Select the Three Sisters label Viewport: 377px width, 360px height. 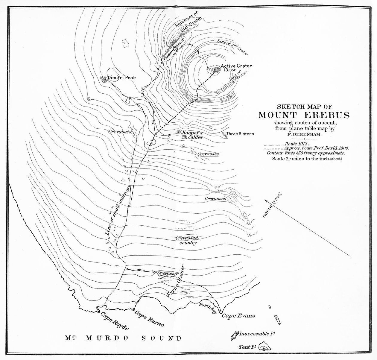[240, 134]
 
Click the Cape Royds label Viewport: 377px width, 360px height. [114, 320]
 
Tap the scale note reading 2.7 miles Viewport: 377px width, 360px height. [307, 158]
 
